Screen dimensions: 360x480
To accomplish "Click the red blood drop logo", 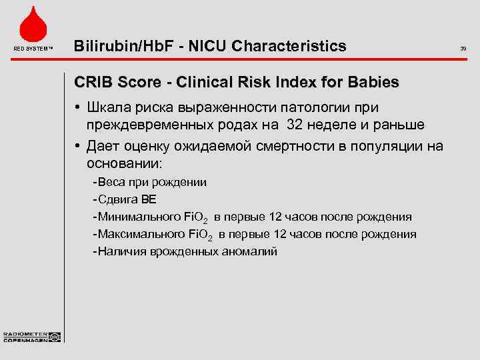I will (x=33, y=25).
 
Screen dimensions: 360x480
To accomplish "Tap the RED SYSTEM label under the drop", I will (x=32, y=48).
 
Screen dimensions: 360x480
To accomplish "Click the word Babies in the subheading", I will (x=373, y=83).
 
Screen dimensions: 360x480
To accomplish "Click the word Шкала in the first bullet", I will (x=108, y=107).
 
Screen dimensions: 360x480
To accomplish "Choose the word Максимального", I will (x=141, y=234).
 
